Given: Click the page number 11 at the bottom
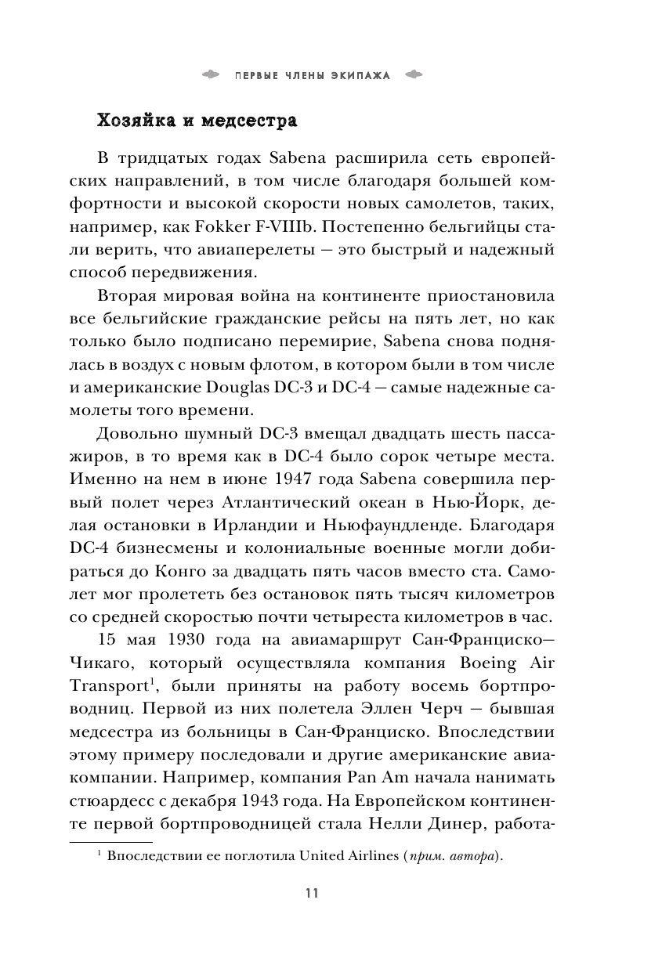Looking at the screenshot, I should (312, 894).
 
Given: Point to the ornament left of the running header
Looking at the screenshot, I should (212, 75).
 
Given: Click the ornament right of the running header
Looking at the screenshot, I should (413, 75).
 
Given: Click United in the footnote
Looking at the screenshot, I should (324, 856).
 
